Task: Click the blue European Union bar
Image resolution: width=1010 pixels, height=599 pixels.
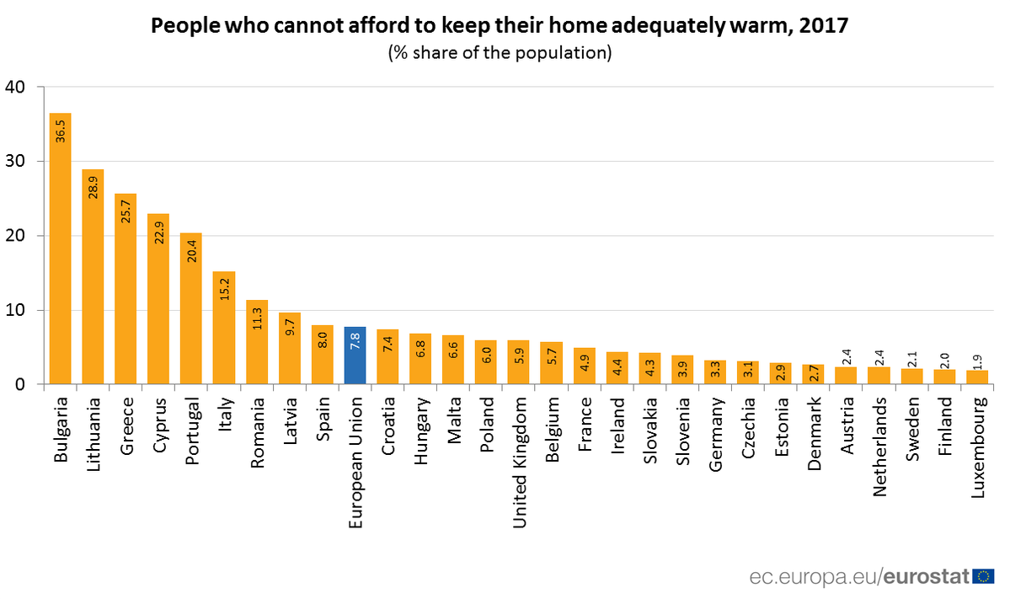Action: click(355, 356)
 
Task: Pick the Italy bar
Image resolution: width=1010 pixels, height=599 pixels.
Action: click(224, 328)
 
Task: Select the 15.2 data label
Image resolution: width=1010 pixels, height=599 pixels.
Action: click(224, 289)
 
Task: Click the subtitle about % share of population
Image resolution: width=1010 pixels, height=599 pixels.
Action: click(499, 53)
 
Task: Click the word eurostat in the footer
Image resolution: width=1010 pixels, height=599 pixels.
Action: click(926, 577)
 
